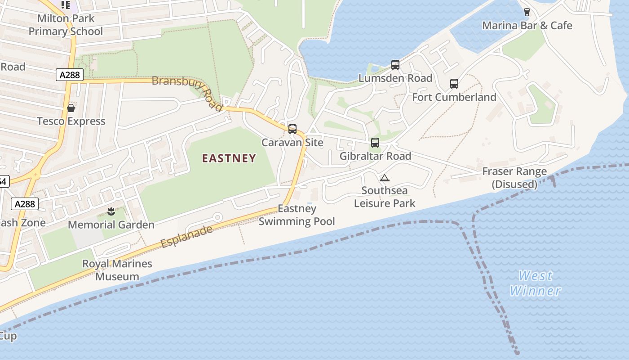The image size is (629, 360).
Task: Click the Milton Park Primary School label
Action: pyautogui.click(x=66, y=25)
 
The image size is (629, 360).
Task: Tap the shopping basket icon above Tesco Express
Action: pyautogui.click(x=71, y=108)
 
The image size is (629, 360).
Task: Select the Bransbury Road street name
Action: pyautogui.click(x=188, y=92)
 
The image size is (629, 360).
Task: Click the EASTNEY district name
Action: pyautogui.click(x=229, y=158)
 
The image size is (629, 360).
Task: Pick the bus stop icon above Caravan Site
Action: pyautogui.click(x=292, y=129)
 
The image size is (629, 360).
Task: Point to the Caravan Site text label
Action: pyautogui.click(x=292, y=143)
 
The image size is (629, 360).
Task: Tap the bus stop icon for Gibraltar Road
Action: pyautogui.click(x=375, y=143)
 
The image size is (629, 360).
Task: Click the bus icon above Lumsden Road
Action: pyautogui.click(x=395, y=65)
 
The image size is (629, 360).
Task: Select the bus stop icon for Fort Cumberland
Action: pyautogui.click(x=454, y=84)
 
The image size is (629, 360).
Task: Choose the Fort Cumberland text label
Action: pyautogui.click(x=454, y=97)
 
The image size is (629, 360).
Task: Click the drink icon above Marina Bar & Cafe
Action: pyautogui.click(x=527, y=12)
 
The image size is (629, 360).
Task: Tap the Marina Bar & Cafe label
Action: pyautogui.click(x=527, y=26)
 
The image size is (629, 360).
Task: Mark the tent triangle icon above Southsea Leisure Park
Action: pyautogui.click(x=384, y=178)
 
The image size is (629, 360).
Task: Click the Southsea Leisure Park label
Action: pyautogui.click(x=385, y=197)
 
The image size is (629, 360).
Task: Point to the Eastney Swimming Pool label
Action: pyautogui.click(x=297, y=215)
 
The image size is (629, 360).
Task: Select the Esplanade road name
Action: pyautogui.click(x=186, y=237)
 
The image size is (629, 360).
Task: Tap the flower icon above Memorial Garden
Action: pyautogui.click(x=111, y=211)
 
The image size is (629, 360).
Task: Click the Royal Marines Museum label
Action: pyautogui.click(x=117, y=270)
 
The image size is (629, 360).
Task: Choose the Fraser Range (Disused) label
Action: pyautogui.click(x=514, y=178)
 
